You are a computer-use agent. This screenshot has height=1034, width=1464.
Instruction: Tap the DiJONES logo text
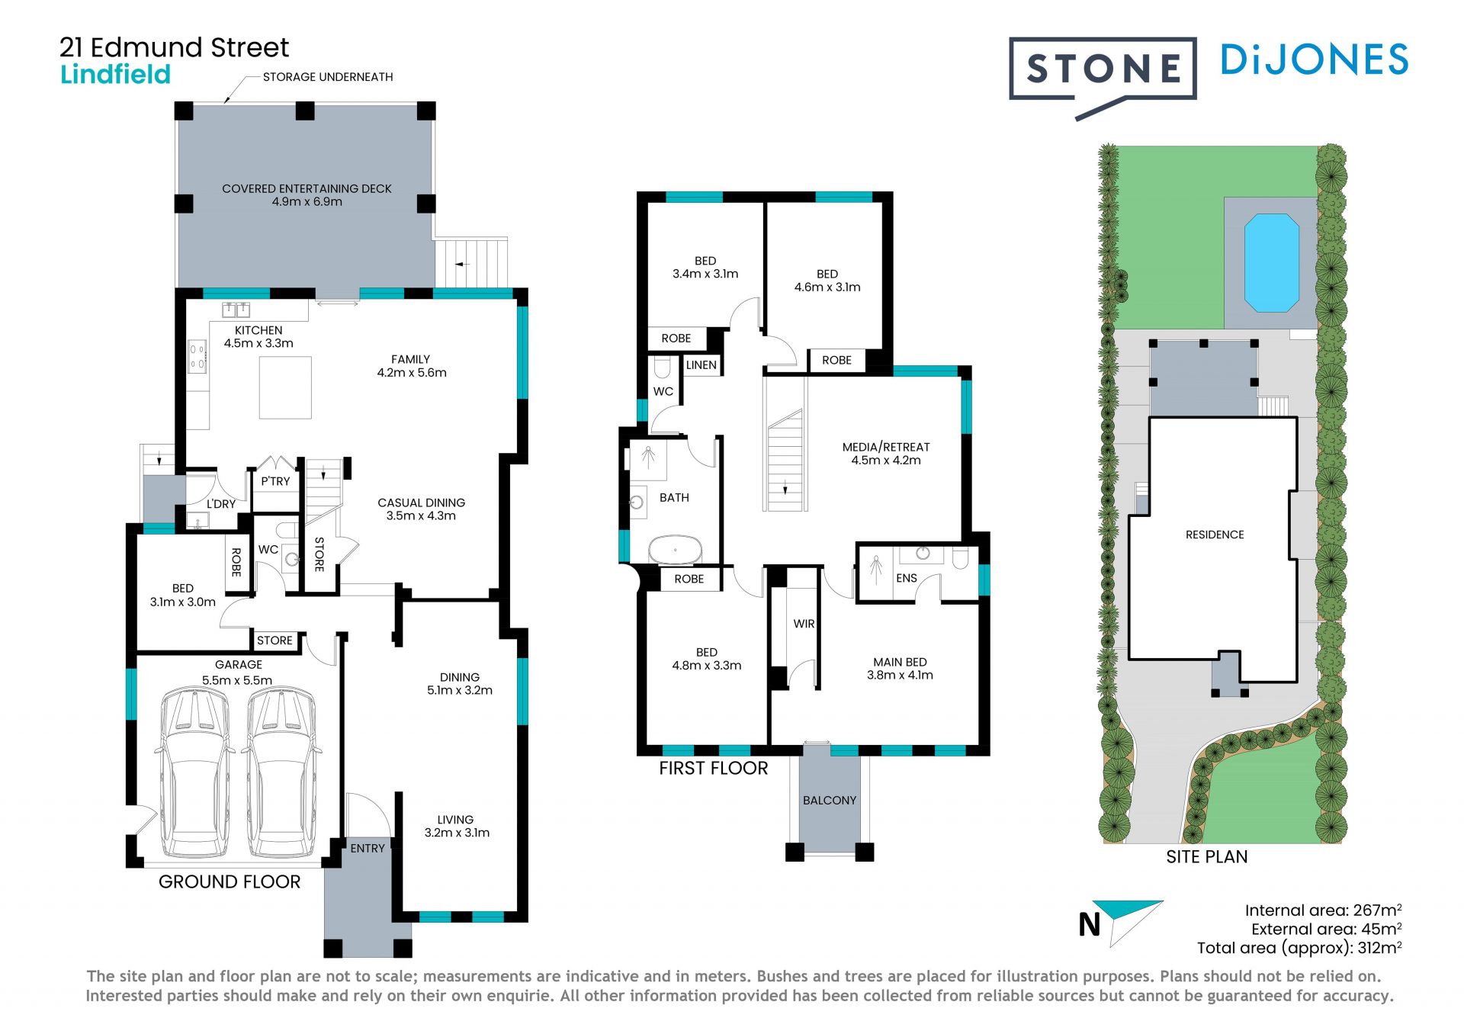[1314, 59]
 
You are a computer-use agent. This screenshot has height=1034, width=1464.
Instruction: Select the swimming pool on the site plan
[1271, 263]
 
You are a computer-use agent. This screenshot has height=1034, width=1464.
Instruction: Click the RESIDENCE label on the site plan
[1215, 535]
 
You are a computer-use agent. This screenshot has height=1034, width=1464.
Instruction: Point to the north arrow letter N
[1090, 925]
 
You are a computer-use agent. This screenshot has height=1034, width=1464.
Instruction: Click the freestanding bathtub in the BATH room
[675, 549]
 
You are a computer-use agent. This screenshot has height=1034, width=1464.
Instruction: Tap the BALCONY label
[830, 800]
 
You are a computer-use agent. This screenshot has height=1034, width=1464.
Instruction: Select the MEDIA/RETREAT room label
[886, 447]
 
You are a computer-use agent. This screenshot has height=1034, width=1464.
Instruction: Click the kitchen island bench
[285, 388]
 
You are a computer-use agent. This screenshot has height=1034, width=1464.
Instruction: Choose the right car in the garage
[281, 772]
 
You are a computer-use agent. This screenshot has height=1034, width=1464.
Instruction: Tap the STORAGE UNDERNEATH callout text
[328, 77]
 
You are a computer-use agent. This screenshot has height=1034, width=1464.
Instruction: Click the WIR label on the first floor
[804, 624]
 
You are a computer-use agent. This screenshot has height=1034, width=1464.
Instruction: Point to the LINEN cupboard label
[701, 365]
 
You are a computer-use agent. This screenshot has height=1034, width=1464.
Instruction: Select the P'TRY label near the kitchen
[275, 481]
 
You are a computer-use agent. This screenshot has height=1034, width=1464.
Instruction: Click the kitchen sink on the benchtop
[236, 309]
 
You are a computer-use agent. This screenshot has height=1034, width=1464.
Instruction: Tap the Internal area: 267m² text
[1323, 910]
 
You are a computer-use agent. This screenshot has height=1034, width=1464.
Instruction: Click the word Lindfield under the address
[116, 75]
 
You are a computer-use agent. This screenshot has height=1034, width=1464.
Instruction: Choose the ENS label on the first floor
[907, 578]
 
